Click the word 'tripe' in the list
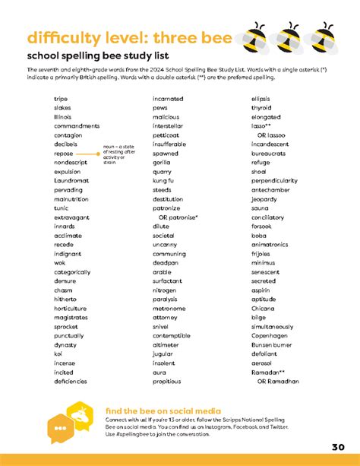tap(61, 99)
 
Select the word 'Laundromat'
tap(71, 181)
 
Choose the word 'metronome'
tap(169, 309)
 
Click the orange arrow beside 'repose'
tap(88, 154)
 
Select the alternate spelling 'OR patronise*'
tap(177, 217)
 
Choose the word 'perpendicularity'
tap(274, 181)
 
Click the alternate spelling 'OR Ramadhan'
tap(278, 381)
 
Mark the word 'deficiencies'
tap(71, 381)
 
